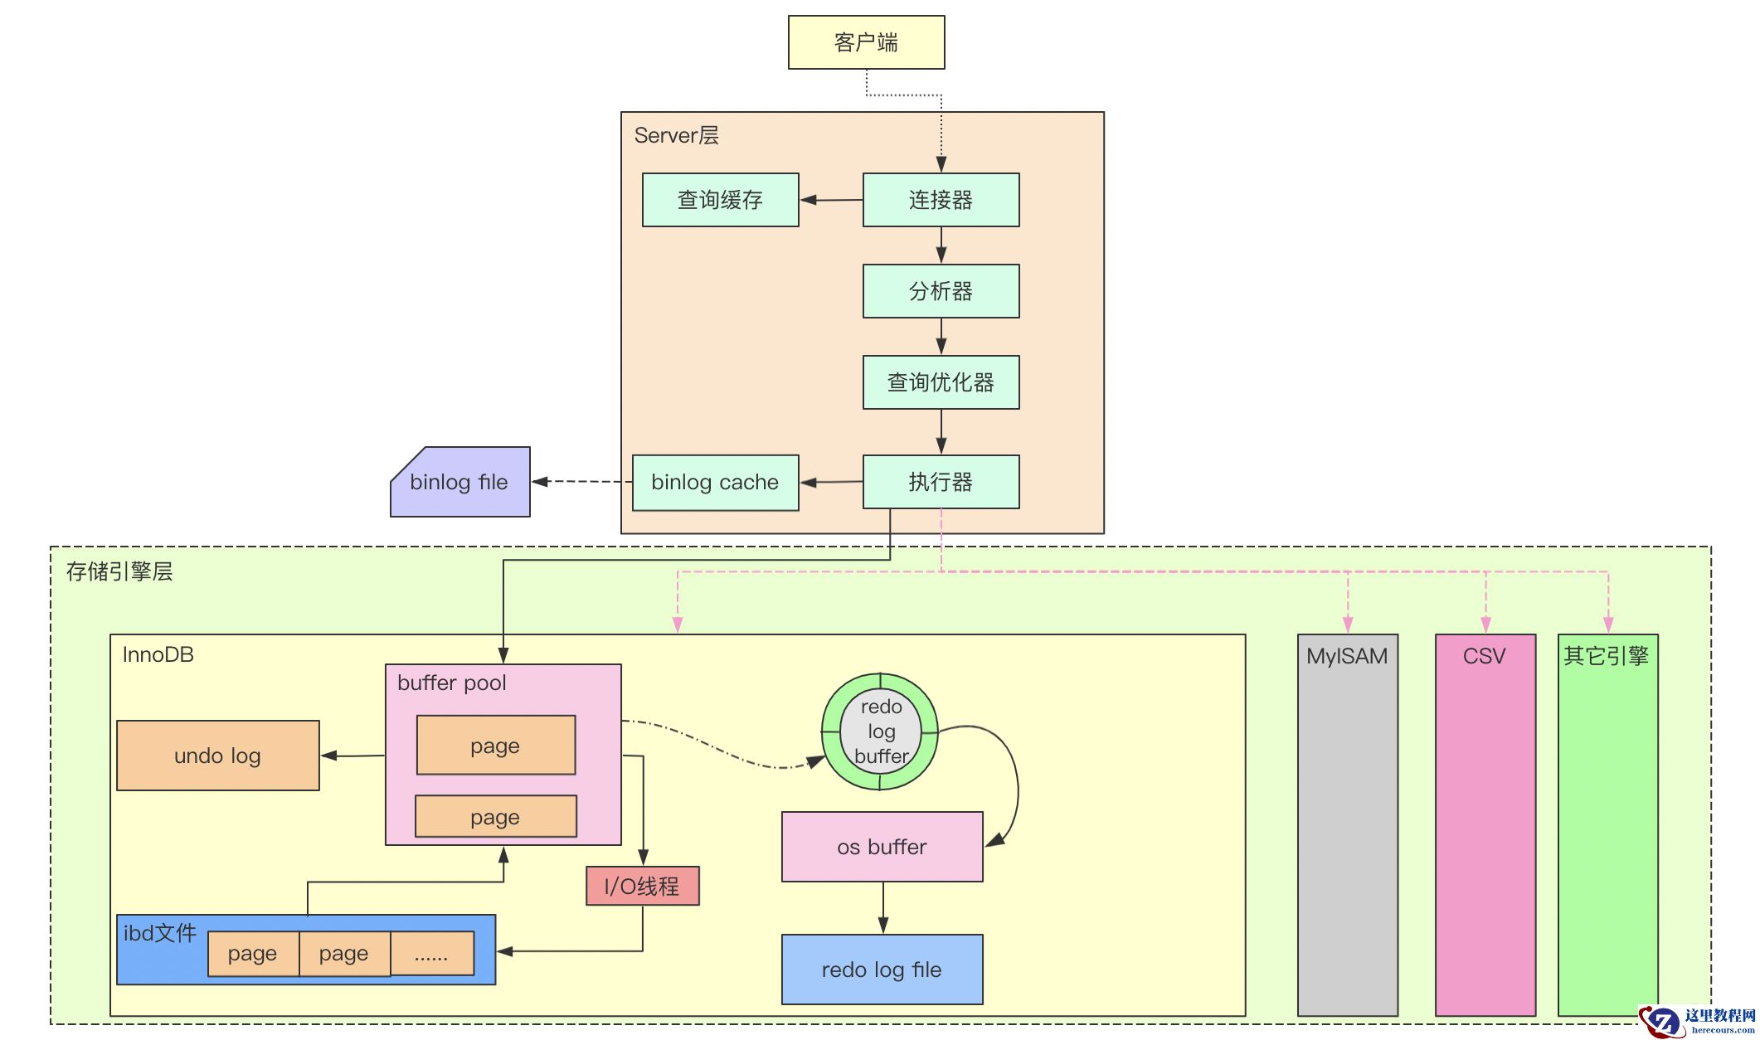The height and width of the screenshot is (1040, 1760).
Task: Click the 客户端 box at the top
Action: click(x=866, y=42)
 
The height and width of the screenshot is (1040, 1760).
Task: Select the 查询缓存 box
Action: click(x=720, y=200)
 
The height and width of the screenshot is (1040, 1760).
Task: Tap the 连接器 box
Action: click(x=941, y=200)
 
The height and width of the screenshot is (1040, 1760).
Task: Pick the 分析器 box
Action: click(x=941, y=291)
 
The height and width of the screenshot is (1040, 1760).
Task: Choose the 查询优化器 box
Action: click(x=941, y=382)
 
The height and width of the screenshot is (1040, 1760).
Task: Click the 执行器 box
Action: click(x=941, y=482)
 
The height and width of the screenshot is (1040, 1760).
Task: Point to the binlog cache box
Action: click(x=715, y=482)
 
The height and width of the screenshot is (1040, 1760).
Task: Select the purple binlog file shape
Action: click(x=459, y=482)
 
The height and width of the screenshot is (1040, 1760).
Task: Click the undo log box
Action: click(x=217, y=756)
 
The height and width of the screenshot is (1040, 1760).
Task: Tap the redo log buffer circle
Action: click(x=880, y=731)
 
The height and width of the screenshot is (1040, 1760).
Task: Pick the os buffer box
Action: click(x=882, y=847)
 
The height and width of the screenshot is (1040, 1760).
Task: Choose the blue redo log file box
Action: click(x=882, y=970)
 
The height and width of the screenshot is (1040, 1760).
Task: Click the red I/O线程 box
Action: click(x=642, y=886)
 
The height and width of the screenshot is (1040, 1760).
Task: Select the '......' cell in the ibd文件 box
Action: click(x=431, y=954)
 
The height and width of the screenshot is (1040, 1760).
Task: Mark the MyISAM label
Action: click(x=1347, y=656)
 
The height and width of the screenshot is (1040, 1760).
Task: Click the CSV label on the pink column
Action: click(x=1484, y=656)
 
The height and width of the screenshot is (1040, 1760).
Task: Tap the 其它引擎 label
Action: click(x=1607, y=656)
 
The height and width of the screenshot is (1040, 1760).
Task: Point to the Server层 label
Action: click(x=676, y=135)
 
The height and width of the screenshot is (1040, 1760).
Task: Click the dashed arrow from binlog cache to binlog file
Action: click(x=582, y=481)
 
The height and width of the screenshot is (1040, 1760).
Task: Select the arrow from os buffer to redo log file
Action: click(x=882, y=907)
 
